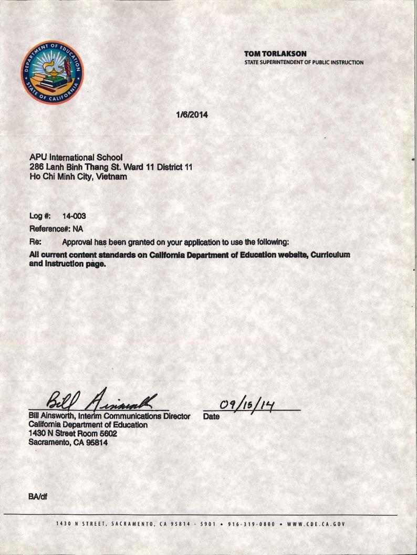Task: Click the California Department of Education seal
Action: (53, 72)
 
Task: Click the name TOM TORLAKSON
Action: (275, 54)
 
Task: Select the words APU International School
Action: (76, 157)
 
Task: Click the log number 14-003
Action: (74, 216)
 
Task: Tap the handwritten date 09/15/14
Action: (251, 405)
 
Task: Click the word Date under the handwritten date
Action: (211, 417)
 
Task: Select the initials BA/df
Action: (38, 496)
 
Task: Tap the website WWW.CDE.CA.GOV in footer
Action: (316, 524)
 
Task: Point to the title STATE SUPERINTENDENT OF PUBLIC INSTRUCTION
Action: (304, 62)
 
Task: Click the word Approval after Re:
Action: (78, 242)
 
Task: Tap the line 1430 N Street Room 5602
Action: (72, 434)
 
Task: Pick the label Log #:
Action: (39, 216)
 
